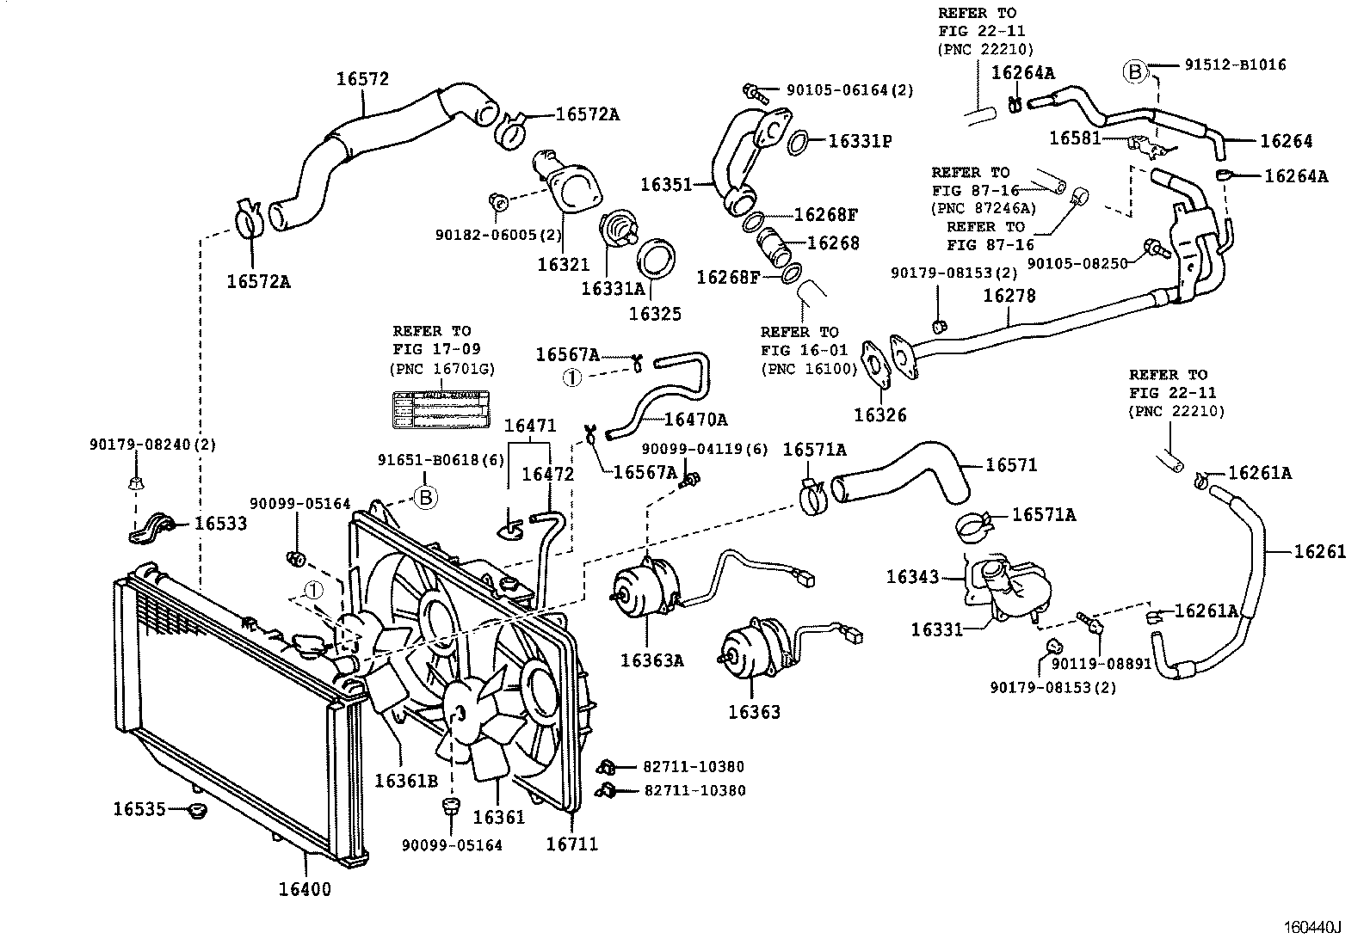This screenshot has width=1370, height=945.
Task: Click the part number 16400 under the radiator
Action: point(305,888)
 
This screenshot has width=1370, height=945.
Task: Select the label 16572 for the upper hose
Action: point(362,79)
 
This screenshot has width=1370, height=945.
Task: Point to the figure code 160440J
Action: point(1313,927)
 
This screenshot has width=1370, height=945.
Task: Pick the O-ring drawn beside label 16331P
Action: point(797,140)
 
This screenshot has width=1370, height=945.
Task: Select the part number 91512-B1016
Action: point(1235,64)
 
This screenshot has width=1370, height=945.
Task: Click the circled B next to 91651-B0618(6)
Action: point(426,496)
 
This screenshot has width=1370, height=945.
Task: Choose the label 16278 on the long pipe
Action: point(1009,296)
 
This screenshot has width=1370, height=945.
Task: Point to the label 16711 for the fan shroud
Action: point(571,844)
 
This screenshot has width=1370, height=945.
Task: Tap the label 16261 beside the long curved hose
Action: point(1320,551)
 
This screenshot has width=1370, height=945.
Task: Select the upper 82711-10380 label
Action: point(694,766)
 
